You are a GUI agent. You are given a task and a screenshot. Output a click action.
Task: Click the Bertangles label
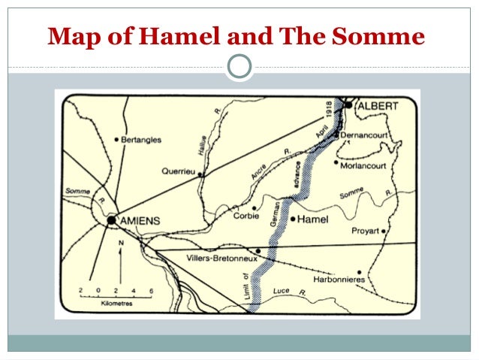[142, 139]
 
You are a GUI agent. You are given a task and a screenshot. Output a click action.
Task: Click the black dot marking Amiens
[112, 221]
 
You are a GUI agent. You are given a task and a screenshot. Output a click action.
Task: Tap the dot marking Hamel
[292, 219]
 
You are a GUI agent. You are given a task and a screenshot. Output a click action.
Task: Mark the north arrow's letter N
[120, 244]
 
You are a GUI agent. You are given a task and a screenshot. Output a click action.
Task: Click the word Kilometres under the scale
[116, 305]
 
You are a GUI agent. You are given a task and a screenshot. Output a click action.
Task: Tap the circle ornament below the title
[239, 68]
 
